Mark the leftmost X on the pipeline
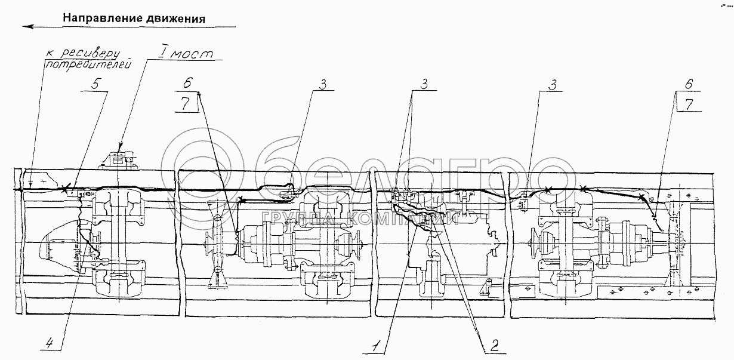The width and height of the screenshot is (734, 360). pos(65,189)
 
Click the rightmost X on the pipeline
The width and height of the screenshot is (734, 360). pos(641,196)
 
